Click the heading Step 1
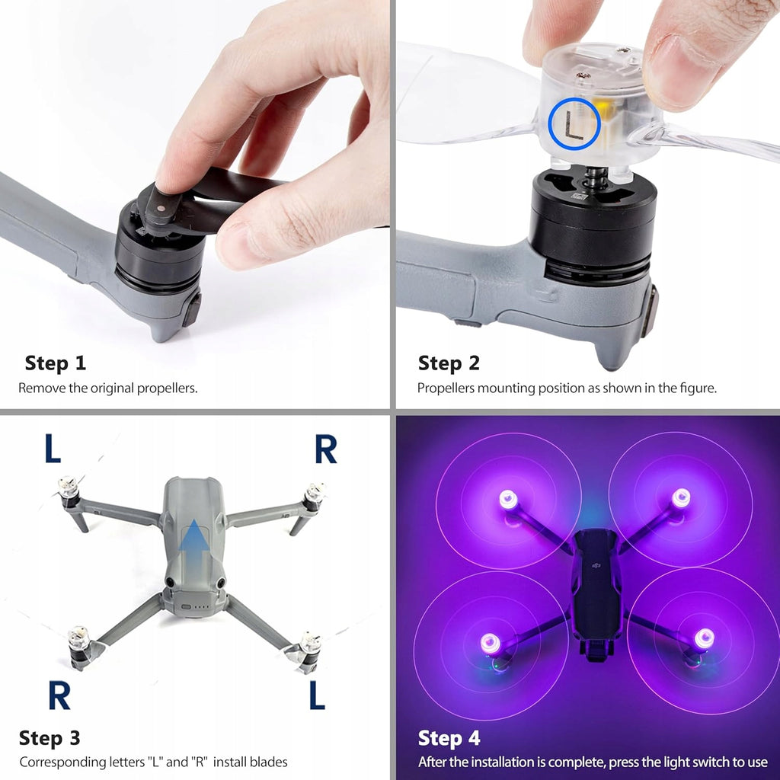click(x=55, y=363)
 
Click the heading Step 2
click(x=449, y=363)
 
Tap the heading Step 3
click(x=50, y=738)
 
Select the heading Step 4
click(x=449, y=738)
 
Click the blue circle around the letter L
click(x=550, y=123)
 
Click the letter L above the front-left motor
click(x=53, y=449)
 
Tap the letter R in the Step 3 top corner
click(x=326, y=449)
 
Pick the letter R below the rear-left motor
click(x=59, y=695)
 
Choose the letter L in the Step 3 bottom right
click(x=317, y=695)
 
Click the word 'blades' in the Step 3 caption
click(x=269, y=762)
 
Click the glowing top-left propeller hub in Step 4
click(x=508, y=499)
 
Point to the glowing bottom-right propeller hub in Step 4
click(x=704, y=638)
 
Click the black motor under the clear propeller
click(x=593, y=224)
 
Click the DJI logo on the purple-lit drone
click(x=596, y=564)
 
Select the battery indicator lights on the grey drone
click(x=200, y=607)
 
